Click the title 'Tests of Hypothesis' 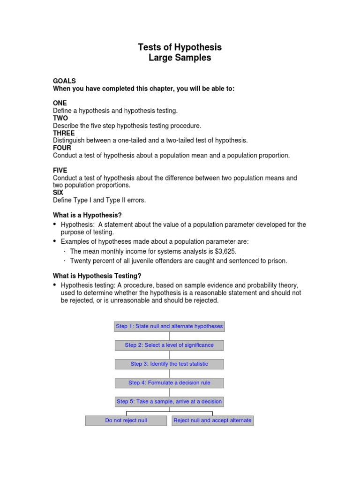coord(180,47)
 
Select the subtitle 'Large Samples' coord(180,58)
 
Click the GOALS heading coord(64,81)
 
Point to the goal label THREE coord(64,133)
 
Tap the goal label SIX coord(58,193)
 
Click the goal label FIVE coord(60,171)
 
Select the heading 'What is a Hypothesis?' coord(87,215)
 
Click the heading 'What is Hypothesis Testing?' coord(97,276)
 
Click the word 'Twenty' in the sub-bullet coord(80,261)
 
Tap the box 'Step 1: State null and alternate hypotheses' coord(169,326)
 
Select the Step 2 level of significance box coord(169,345)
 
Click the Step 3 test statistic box coord(169,364)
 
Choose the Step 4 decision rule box coord(169,383)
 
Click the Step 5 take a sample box coord(169,402)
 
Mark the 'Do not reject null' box coord(126,420)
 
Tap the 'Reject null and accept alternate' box coord(212,420)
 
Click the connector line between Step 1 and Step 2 coord(170,336)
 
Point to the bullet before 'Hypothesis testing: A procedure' coord(55,285)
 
